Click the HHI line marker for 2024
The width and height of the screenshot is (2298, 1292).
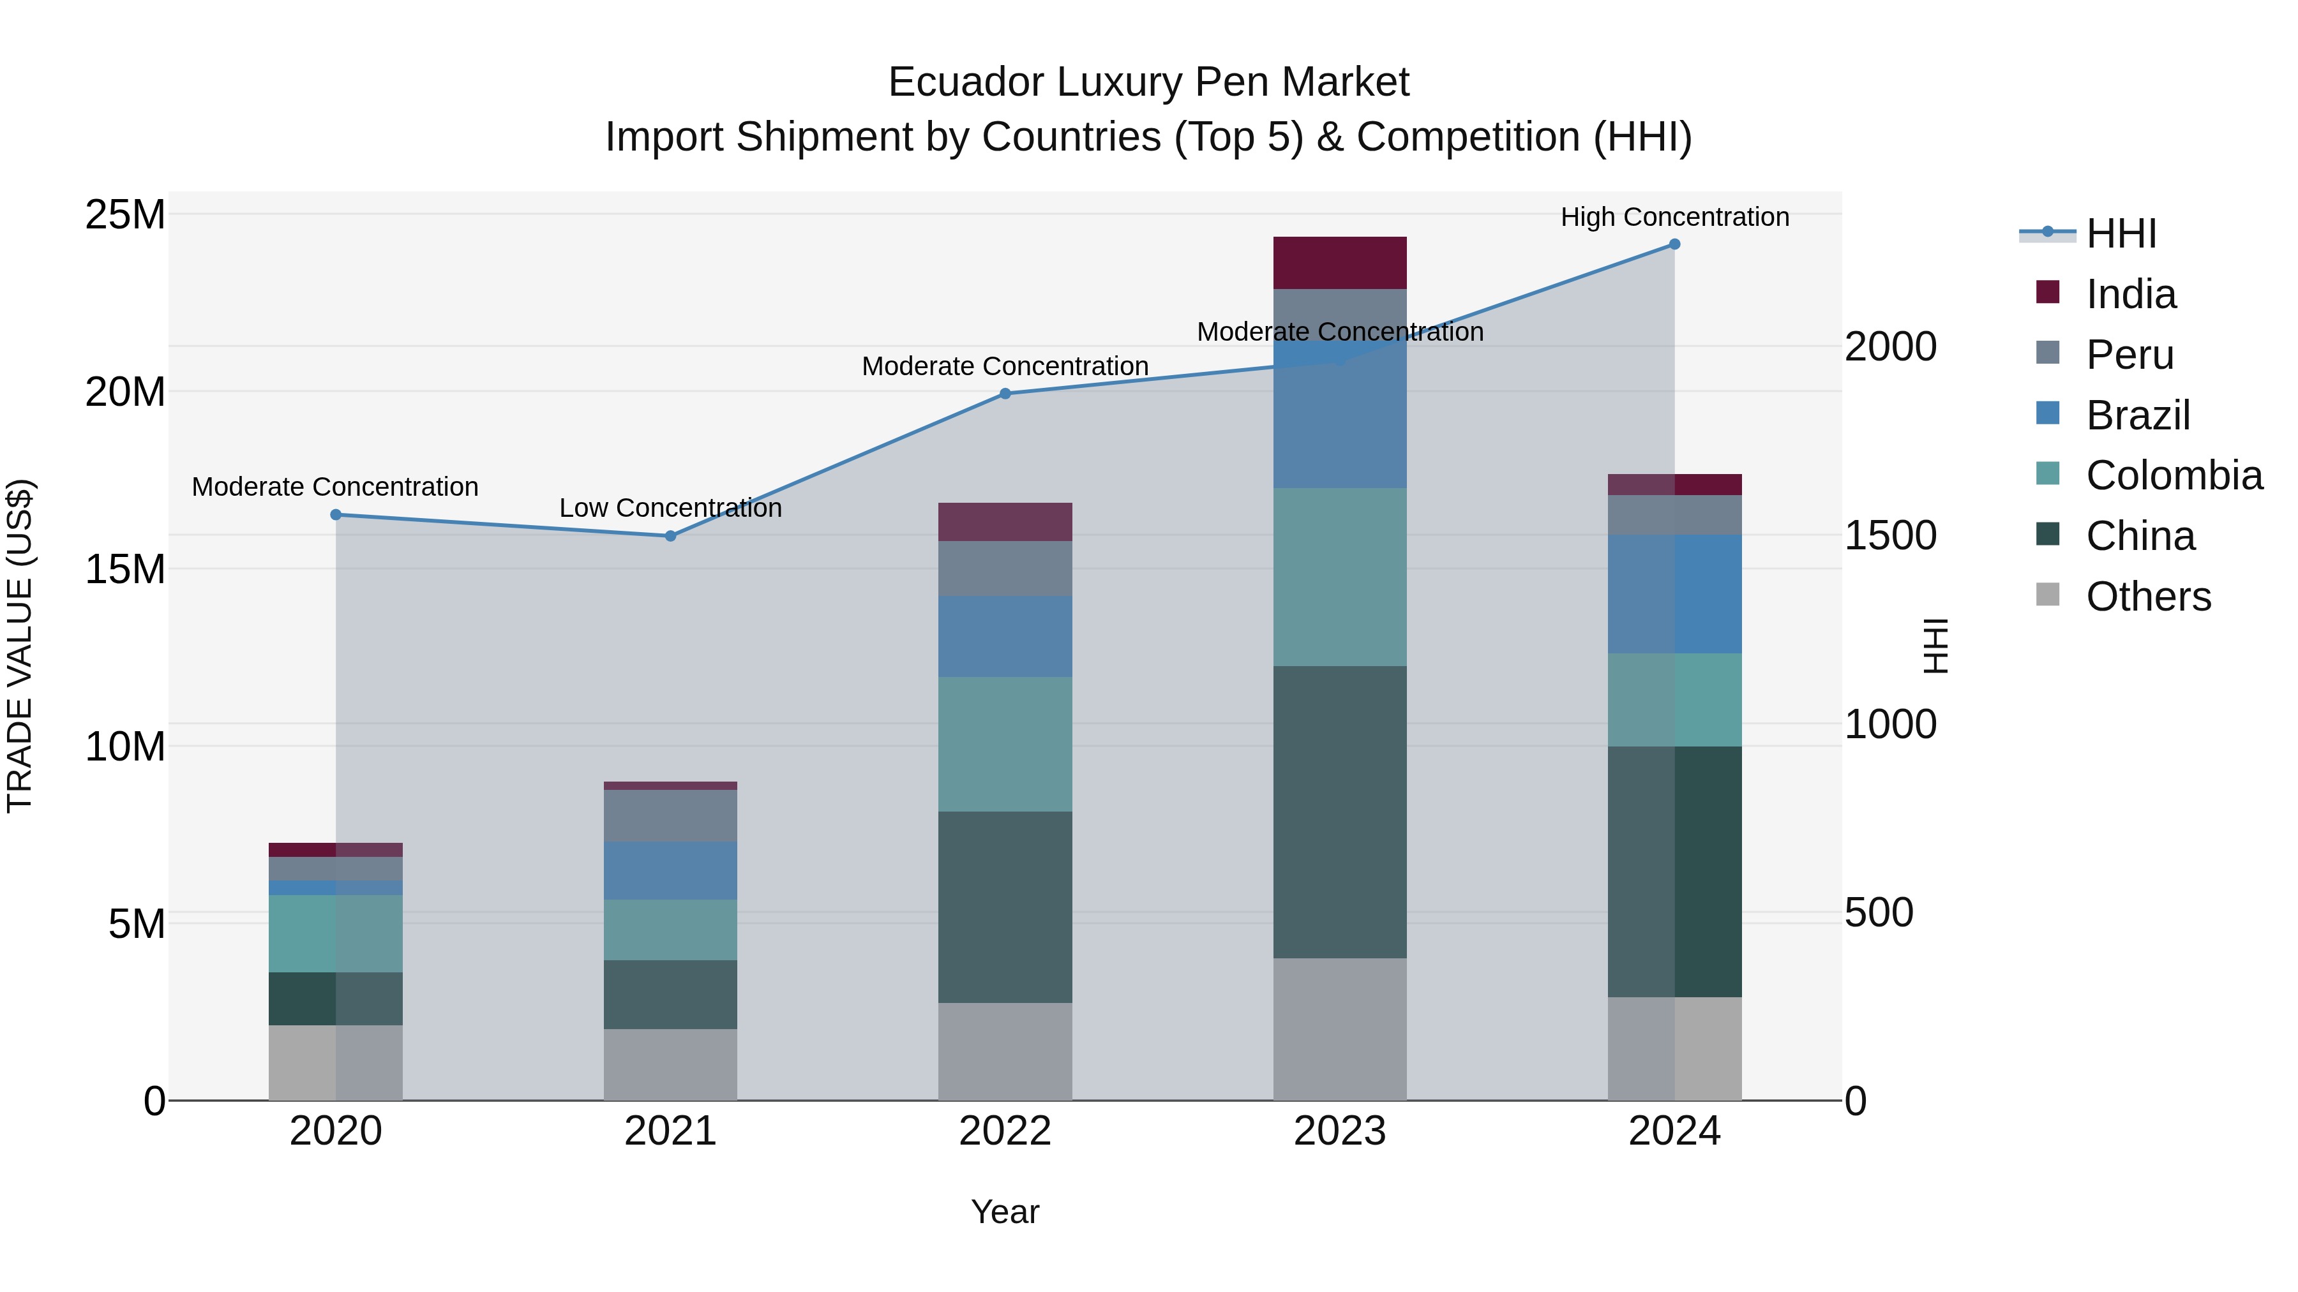coord(1674,244)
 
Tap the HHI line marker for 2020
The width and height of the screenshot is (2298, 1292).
coord(335,514)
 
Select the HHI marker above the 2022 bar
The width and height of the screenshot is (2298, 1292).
coord(1005,393)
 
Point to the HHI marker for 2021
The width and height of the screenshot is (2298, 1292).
coord(671,536)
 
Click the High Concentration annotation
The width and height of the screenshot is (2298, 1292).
coord(1674,217)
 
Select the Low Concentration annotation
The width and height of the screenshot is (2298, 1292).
coord(671,509)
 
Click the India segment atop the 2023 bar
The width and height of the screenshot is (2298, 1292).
coord(1340,263)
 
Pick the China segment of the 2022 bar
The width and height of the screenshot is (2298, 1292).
coord(1005,907)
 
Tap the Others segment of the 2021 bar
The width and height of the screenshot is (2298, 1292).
coord(671,1065)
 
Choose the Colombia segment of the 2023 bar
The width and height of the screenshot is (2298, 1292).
coord(1340,577)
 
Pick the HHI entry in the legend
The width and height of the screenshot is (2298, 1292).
coord(2121,234)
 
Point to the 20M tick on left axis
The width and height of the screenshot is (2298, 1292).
coord(125,392)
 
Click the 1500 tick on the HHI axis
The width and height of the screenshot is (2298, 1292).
coord(1890,535)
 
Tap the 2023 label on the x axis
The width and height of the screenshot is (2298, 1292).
coord(1340,1131)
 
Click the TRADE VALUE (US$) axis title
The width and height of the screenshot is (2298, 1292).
coord(20,646)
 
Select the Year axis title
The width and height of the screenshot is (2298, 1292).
coord(1005,1212)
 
